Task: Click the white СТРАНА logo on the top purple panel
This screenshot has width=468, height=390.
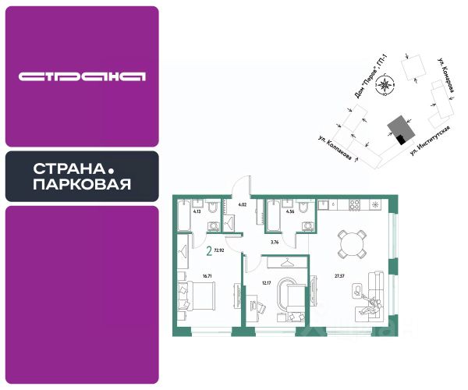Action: pos(82,76)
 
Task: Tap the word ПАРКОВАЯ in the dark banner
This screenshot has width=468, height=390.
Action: pos(82,185)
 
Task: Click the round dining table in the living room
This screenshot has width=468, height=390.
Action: pos(352,245)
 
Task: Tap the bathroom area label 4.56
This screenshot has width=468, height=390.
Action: pos(290,211)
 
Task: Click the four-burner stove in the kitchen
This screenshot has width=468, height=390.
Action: pos(353,206)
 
